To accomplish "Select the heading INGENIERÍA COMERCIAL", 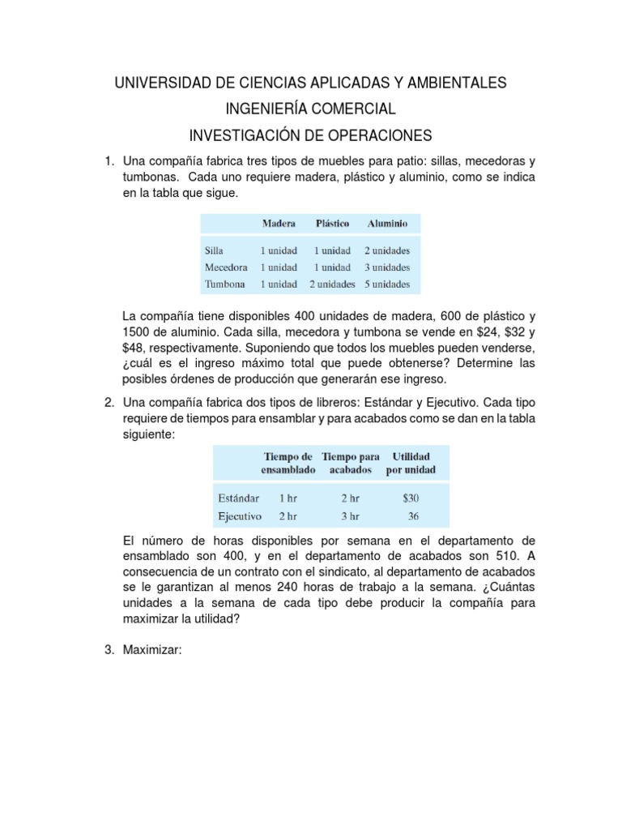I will point(310,109).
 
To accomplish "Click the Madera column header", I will point(279,222).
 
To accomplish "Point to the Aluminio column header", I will point(387,222).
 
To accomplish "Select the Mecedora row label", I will point(228,267).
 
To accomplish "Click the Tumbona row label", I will point(227,285).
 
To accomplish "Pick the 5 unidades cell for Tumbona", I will point(386,285).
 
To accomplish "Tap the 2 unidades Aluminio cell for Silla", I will point(386,250).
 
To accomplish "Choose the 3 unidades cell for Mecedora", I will point(386,267).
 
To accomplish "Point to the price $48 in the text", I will point(134,348).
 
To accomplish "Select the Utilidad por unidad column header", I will point(411,464).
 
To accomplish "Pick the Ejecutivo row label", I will point(239,516).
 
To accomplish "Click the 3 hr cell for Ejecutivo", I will point(350,516).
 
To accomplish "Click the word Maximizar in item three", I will point(154,649).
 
